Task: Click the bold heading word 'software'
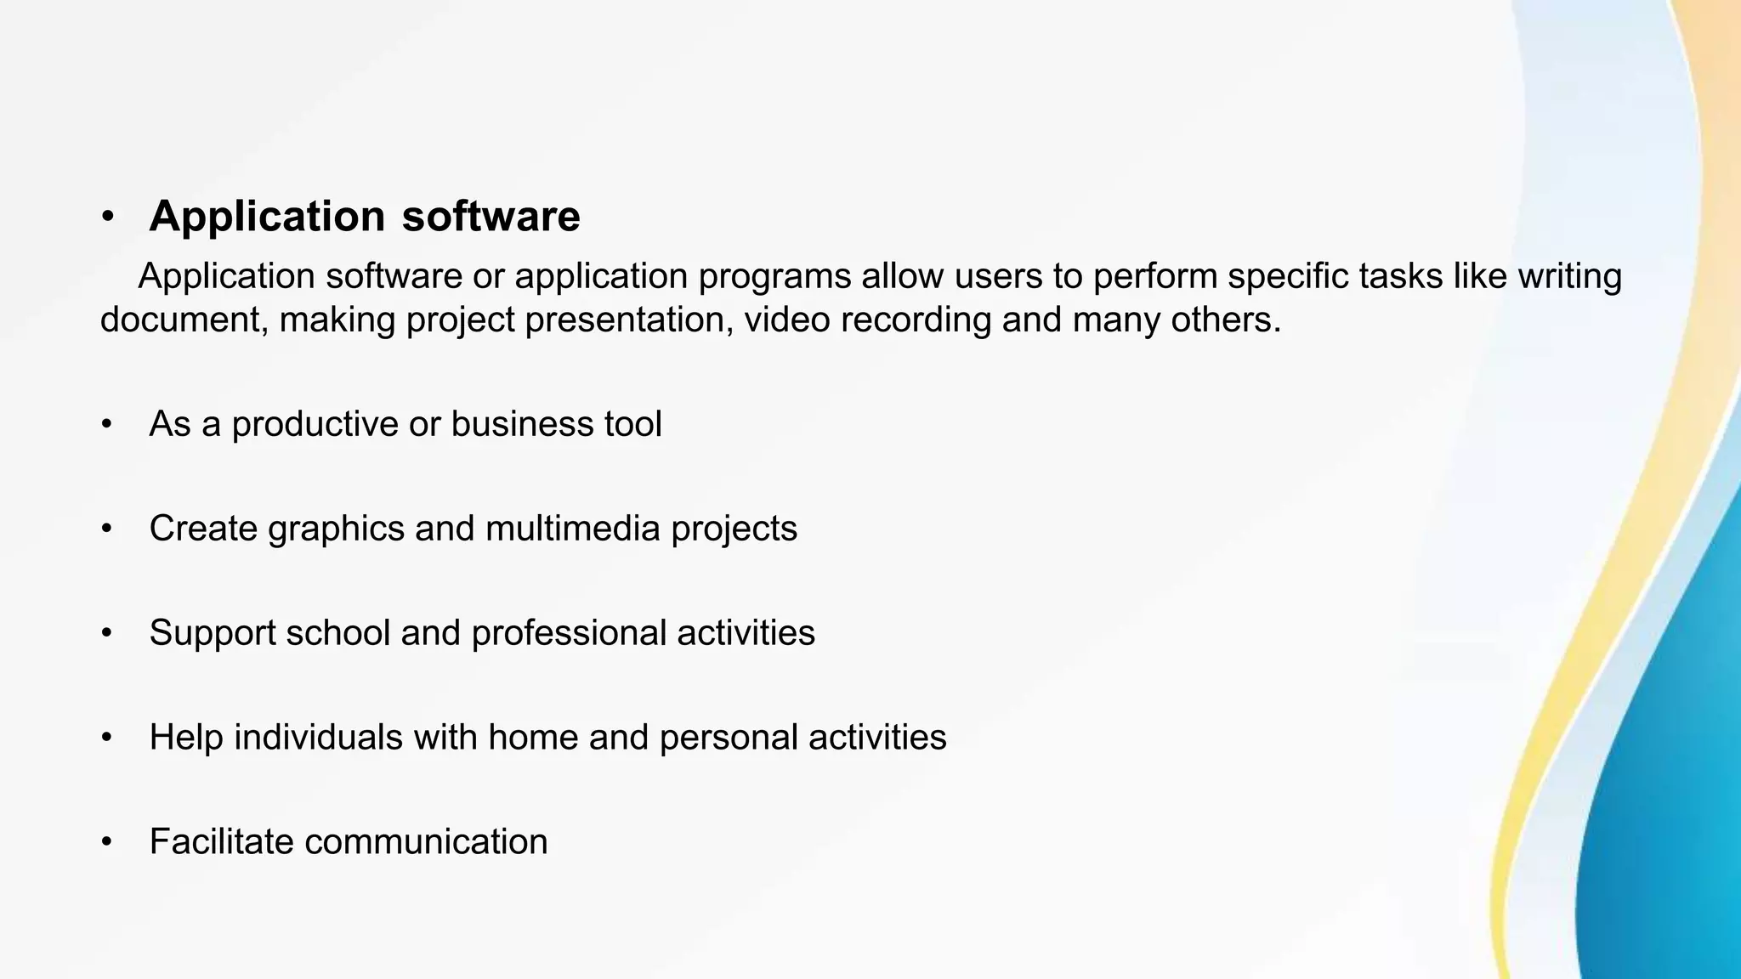(x=491, y=216)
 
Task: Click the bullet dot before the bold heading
(x=107, y=217)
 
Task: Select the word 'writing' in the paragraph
(x=1570, y=277)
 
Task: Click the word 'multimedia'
(x=573, y=529)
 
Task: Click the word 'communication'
(x=426, y=841)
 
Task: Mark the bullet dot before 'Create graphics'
(x=106, y=529)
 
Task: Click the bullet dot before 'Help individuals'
(x=106, y=738)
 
